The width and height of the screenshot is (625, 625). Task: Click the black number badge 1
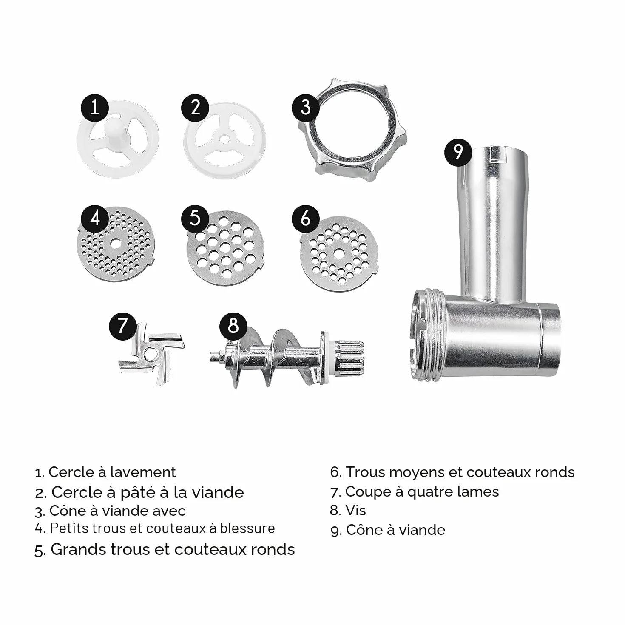[94, 108]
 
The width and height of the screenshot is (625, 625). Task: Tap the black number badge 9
[458, 153]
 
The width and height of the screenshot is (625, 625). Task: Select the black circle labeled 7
[122, 326]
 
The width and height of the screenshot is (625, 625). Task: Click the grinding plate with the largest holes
[226, 248]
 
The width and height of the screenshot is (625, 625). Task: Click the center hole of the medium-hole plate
[338, 252]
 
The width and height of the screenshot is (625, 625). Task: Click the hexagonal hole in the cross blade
[150, 355]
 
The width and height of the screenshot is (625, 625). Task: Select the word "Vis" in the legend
[355, 511]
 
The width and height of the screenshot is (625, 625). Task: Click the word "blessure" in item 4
[247, 528]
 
